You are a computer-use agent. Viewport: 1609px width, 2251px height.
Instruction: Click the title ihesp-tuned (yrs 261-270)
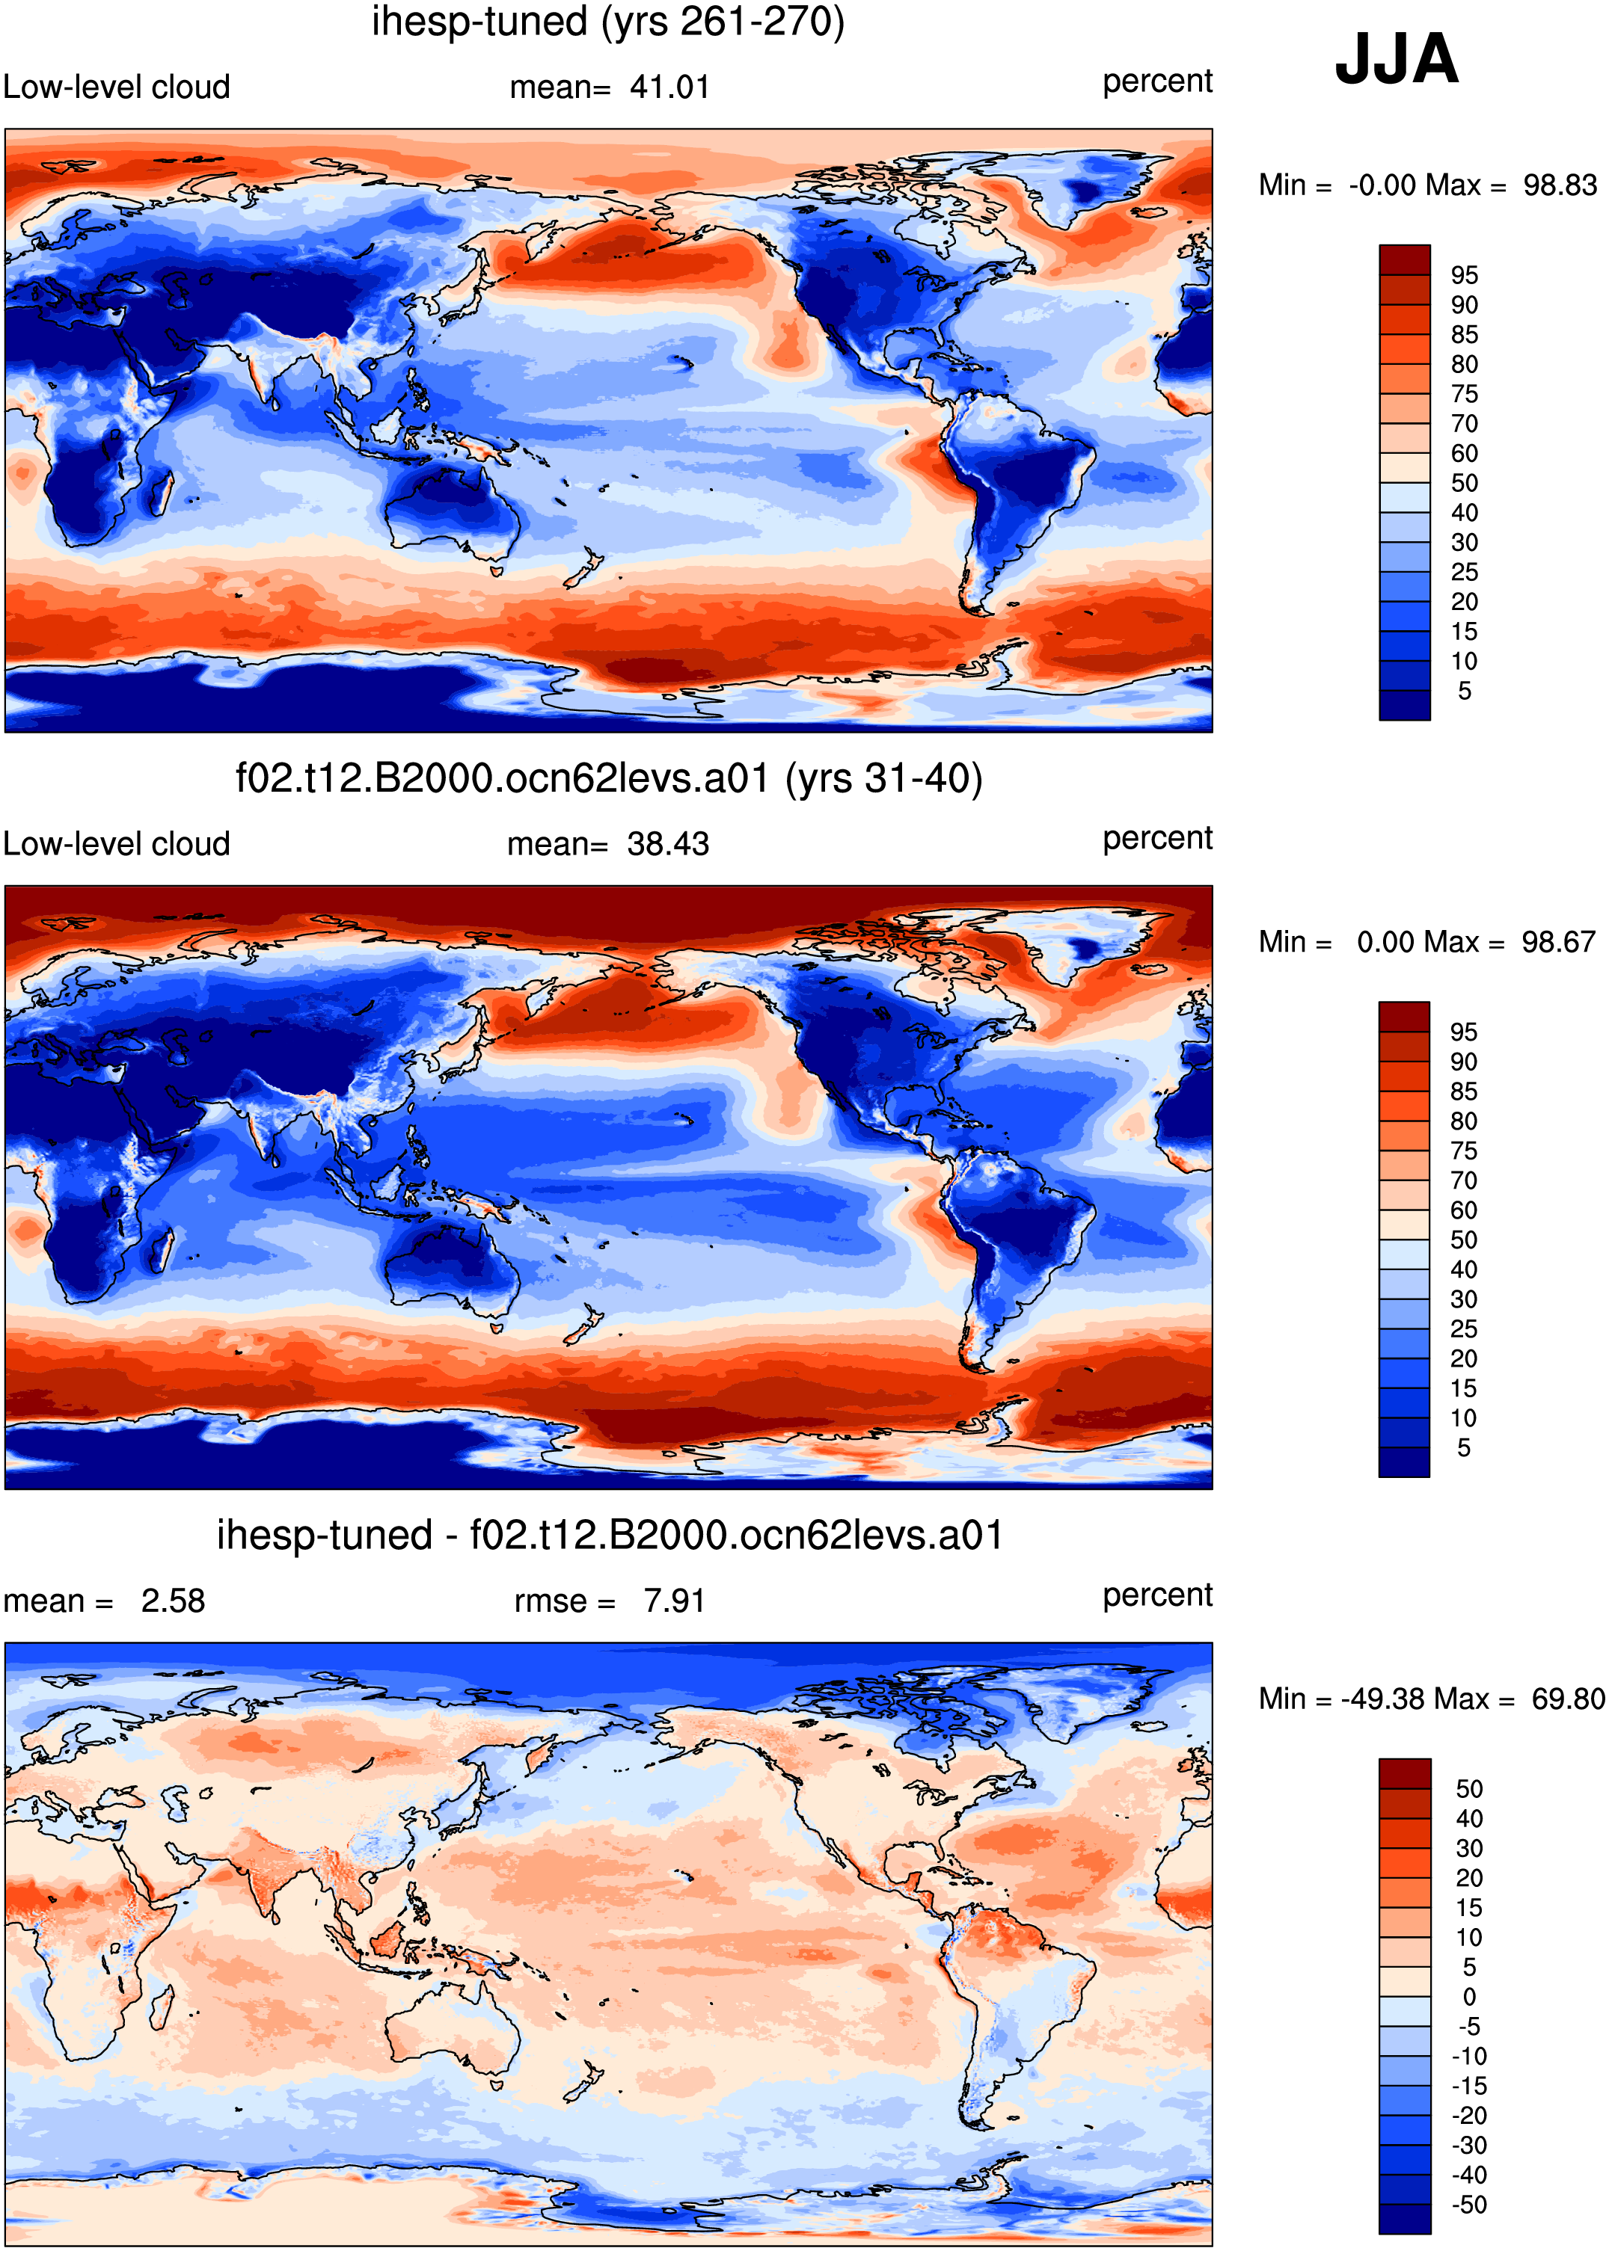pos(608,22)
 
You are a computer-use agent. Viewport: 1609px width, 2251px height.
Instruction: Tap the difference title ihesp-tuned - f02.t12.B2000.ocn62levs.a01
pos(610,1535)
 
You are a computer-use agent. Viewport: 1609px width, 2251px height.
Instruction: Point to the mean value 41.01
pos(669,87)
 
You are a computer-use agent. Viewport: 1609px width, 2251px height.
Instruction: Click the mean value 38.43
pos(668,844)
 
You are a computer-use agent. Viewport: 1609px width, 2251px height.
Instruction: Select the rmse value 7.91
pos(674,1601)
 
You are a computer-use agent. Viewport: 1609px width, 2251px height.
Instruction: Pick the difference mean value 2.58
pos(172,1601)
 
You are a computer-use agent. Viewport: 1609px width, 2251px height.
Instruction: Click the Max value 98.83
pos(1560,185)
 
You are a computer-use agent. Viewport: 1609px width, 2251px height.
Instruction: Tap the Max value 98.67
pos(1558,942)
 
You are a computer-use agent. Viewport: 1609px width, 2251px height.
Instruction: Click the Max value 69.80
pos(1567,1699)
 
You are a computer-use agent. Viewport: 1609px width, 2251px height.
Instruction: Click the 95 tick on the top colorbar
pos(1465,275)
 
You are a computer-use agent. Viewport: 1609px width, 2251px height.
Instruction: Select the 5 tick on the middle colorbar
pos(1463,1448)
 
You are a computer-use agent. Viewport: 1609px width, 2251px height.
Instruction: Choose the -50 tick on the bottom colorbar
pos(1469,2205)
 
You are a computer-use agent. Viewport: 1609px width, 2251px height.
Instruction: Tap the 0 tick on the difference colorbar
pos(1469,1997)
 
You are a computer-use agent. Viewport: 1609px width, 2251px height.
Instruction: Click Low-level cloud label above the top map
pos(116,87)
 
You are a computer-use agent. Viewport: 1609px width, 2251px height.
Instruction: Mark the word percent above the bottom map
pos(1157,1595)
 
